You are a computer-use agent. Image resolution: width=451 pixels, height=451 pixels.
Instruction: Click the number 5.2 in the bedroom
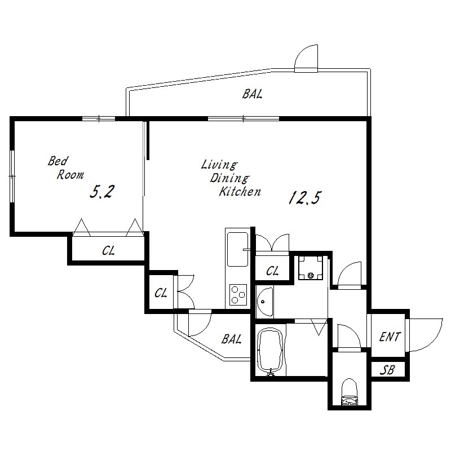tap(102, 192)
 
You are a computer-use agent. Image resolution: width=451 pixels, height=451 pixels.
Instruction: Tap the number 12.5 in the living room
tap(304, 198)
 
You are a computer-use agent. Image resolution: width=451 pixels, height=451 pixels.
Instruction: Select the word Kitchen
tap(240, 192)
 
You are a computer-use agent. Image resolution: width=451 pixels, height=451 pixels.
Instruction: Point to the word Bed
tap(58, 161)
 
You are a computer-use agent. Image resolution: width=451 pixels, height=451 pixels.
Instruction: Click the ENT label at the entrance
tap(390, 337)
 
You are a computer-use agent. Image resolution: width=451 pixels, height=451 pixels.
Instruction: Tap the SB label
tap(387, 370)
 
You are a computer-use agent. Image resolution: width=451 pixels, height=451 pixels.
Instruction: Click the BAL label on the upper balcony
tap(252, 94)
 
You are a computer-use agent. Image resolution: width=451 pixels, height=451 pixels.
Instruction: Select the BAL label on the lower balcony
tap(231, 339)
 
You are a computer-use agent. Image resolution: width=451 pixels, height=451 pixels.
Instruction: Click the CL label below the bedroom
tap(108, 251)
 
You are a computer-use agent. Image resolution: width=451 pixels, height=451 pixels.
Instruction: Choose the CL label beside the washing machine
tap(272, 271)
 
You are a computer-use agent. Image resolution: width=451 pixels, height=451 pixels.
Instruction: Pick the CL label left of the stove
tap(161, 293)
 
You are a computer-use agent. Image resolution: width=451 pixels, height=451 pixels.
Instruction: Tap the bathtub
tap(270, 351)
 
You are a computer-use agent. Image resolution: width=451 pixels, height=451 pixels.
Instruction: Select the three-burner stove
tap(238, 295)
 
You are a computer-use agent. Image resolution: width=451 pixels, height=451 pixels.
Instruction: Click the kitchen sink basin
tap(237, 249)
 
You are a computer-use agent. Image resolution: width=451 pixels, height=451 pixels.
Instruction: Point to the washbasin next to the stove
tap(265, 302)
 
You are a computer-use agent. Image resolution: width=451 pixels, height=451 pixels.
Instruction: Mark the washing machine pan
tap(311, 268)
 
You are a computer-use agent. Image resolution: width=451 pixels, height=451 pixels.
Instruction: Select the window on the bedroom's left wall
tap(12, 176)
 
